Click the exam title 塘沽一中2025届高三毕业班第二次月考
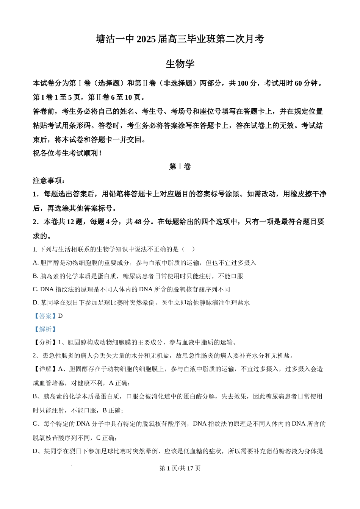[x=180, y=39]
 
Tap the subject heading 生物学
[x=180, y=64]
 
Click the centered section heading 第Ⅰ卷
[x=180, y=167]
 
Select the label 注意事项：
[x=49, y=180]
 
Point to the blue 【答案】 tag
[x=45, y=316]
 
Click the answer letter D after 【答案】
[x=61, y=316]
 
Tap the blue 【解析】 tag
[x=45, y=329]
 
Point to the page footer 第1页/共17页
[x=180, y=468]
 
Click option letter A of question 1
[x=35, y=263]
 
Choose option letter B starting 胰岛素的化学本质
[x=35, y=276]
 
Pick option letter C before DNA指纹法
[x=35, y=289]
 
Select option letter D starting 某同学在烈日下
[x=35, y=303]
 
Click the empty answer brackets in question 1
[x=188, y=249]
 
